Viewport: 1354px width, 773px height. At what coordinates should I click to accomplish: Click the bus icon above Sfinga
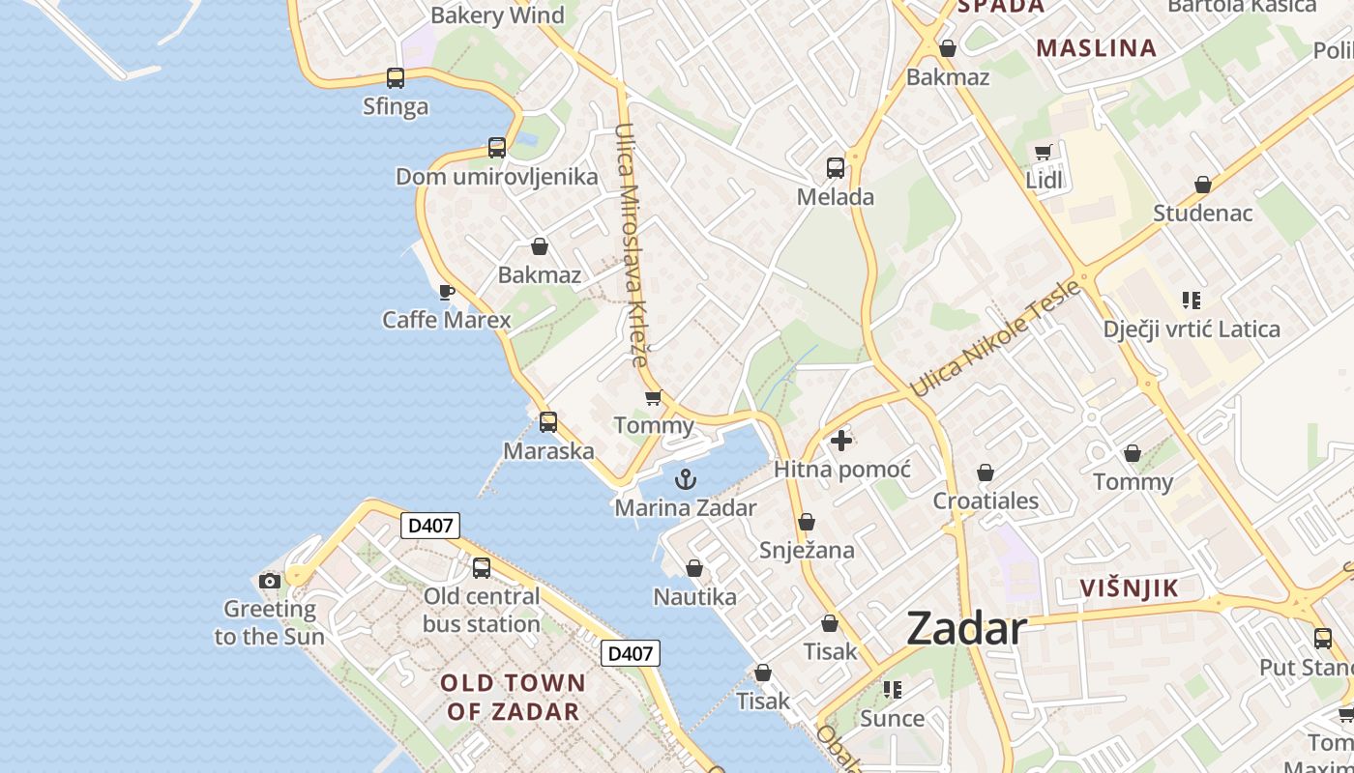395,78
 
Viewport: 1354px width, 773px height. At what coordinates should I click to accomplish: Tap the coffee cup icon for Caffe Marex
446,292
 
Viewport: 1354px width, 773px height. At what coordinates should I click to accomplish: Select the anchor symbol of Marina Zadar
685,478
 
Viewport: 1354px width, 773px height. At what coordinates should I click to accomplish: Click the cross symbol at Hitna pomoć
841,441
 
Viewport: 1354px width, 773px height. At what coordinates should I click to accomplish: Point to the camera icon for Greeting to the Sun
270,581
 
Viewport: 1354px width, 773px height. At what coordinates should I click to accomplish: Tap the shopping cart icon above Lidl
1043,152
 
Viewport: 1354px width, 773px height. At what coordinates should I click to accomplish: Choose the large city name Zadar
966,629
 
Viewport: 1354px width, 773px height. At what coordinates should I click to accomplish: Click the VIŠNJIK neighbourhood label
1129,587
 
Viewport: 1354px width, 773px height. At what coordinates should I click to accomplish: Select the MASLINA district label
1096,47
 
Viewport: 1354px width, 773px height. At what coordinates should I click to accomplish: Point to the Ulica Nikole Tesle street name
994,338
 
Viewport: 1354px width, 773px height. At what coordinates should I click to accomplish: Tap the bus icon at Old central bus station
481,568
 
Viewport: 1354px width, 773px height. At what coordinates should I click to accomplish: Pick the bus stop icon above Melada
836,168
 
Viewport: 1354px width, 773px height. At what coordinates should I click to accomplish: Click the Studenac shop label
1202,213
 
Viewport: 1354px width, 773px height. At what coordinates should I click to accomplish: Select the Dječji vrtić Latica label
1191,329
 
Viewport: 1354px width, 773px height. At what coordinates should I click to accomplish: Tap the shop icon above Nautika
693,568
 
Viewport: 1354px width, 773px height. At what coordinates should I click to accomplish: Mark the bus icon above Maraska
548,422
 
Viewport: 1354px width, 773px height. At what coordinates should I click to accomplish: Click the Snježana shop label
807,550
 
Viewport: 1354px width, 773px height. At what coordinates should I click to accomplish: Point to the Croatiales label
986,501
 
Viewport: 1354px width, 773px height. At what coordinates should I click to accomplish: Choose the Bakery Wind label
497,14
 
